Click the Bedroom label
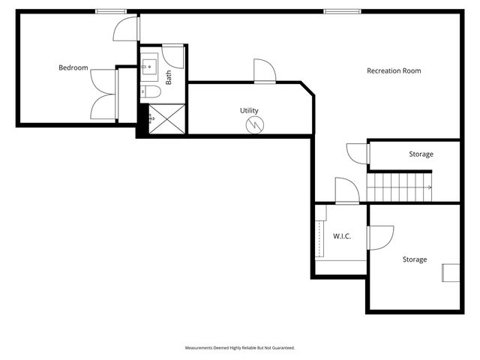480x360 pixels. pyautogui.click(x=73, y=68)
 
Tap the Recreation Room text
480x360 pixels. pyautogui.click(x=394, y=71)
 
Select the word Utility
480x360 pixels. pyautogui.click(x=249, y=110)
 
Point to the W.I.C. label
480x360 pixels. pyautogui.click(x=342, y=236)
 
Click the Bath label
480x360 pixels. pyautogui.click(x=169, y=77)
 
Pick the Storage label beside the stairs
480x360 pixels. pyautogui.click(x=421, y=154)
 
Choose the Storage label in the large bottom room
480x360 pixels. pyautogui.click(x=414, y=259)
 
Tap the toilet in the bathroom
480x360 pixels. pyautogui.click(x=151, y=92)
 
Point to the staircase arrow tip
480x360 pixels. pyautogui.click(x=430, y=187)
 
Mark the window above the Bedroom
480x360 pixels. pyautogui.click(x=110, y=11)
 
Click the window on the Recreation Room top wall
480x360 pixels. pyautogui.click(x=339, y=11)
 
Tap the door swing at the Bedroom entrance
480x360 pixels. pyautogui.click(x=125, y=28)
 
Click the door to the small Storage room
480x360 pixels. pyautogui.click(x=356, y=152)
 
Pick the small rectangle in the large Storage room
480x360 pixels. pyautogui.click(x=451, y=272)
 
